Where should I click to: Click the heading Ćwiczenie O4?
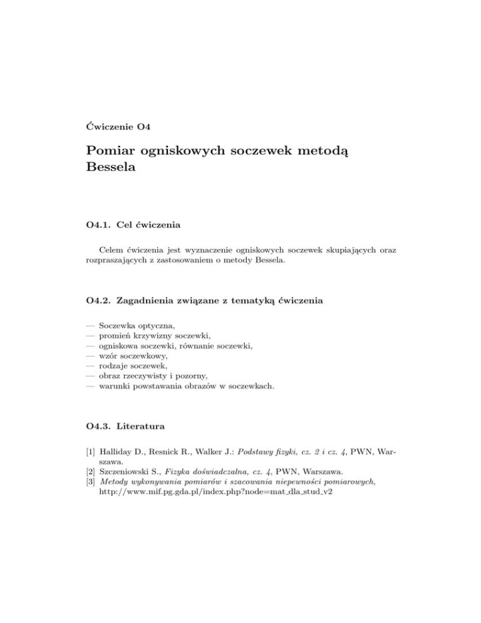tap(116, 128)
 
